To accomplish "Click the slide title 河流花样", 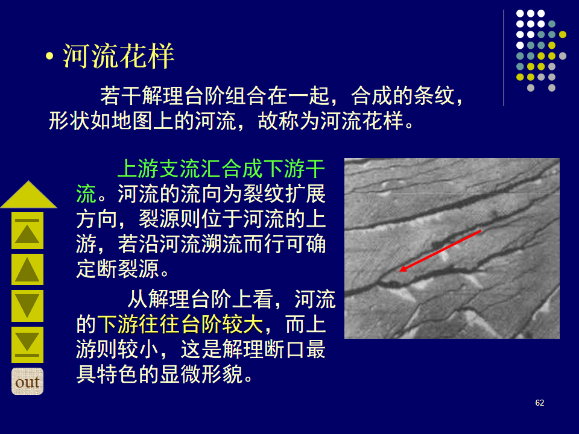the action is [x=118, y=56].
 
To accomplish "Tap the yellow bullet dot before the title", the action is [x=49, y=57].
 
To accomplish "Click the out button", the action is [x=27, y=381].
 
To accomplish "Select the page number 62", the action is [x=539, y=403].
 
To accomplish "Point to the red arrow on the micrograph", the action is [x=440, y=251].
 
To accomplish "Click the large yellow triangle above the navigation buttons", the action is [x=28, y=195].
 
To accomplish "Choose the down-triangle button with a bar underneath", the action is [x=27, y=345].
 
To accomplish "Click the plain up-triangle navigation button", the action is [x=27, y=269].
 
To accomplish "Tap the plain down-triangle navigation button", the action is [x=27, y=306].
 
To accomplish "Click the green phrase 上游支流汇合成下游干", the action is [x=221, y=169].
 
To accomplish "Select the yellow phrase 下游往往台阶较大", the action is [x=180, y=324].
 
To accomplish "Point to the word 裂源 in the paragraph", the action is [x=159, y=219].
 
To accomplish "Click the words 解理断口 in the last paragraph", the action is [x=263, y=349].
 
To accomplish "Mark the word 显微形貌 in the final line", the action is [x=201, y=374].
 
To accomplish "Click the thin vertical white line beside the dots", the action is [x=504, y=58].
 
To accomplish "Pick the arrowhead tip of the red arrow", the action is [x=400, y=272].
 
